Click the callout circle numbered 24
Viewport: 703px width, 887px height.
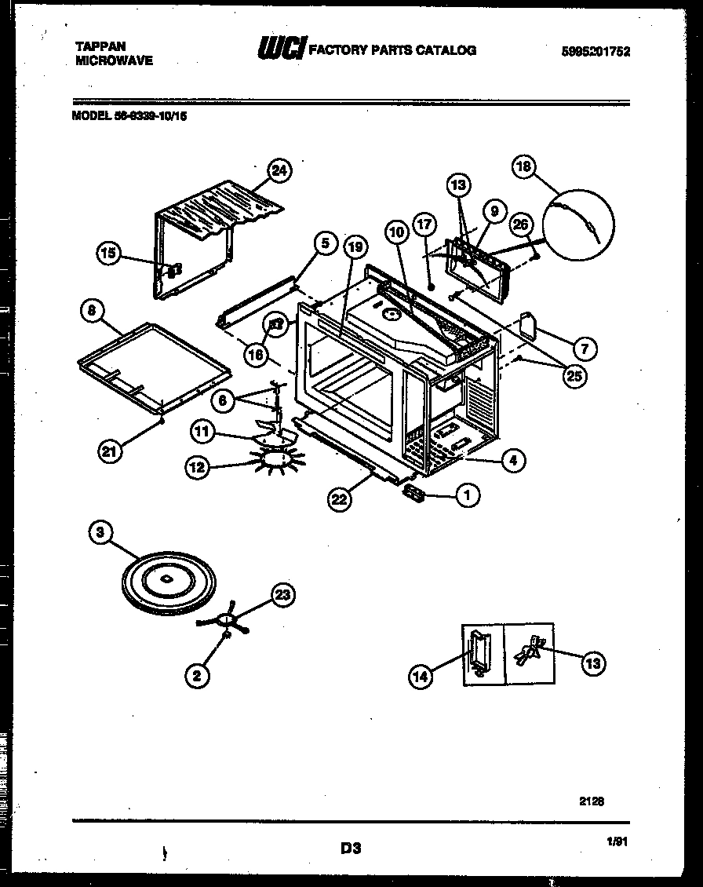click(279, 170)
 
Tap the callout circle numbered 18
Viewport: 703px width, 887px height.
click(523, 166)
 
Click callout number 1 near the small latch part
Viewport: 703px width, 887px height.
click(468, 495)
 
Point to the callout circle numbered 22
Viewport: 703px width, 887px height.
click(339, 500)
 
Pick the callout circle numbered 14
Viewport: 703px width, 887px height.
click(421, 675)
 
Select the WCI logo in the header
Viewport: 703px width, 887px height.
click(280, 49)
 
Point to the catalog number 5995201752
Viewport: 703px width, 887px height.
click(596, 52)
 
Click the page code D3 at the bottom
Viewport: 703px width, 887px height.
click(350, 848)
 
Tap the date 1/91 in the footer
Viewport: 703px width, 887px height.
click(619, 841)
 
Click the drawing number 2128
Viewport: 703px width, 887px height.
click(592, 801)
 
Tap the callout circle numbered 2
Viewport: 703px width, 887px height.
click(197, 674)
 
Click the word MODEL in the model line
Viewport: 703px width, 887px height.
click(88, 115)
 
